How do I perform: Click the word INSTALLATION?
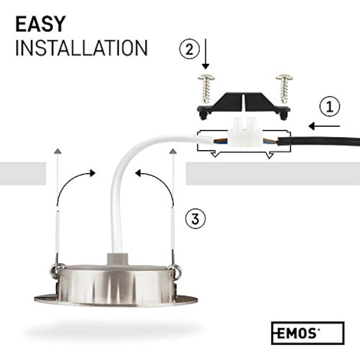coord(81,48)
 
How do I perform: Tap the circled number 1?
coord(330,107)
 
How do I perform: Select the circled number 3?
coord(195,218)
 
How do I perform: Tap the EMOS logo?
coord(307,333)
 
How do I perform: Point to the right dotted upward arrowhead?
coord(173,151)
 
